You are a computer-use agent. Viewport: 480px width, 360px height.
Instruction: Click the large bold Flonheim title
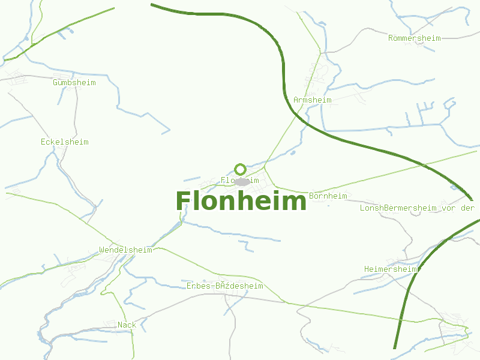coord(241,201)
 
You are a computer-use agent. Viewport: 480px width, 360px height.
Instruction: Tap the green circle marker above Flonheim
coord(240,169)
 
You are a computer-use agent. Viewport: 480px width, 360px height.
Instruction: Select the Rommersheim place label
coord(414,38)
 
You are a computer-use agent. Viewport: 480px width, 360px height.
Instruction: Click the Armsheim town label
coord(313,100)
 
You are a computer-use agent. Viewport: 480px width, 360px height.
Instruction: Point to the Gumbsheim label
coord(74,82)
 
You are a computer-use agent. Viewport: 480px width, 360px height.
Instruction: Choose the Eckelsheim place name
coord(65,142)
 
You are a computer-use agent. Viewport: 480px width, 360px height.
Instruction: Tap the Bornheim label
coord(328,196)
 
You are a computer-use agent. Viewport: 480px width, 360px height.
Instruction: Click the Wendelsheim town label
coord(125,250)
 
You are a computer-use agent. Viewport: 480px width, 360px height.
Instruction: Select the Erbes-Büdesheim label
coord(224,286)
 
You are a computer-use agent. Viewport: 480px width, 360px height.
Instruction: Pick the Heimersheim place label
coord(391,269)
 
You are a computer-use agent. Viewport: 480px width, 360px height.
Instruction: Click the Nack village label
coord(127,325)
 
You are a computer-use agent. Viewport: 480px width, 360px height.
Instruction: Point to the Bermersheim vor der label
coord(428,208)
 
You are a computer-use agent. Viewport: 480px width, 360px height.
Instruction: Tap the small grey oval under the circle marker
coord(242,181)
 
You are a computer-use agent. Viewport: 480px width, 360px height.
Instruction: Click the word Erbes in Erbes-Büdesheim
coord(198,286)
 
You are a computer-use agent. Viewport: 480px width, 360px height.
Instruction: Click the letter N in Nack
coord(121,325)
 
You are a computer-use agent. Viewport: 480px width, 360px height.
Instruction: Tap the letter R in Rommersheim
coord(391,38)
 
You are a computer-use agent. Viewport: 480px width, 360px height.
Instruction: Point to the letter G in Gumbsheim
coord(55,82)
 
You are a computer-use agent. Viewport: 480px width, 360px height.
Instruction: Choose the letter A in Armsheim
coord(296,100)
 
